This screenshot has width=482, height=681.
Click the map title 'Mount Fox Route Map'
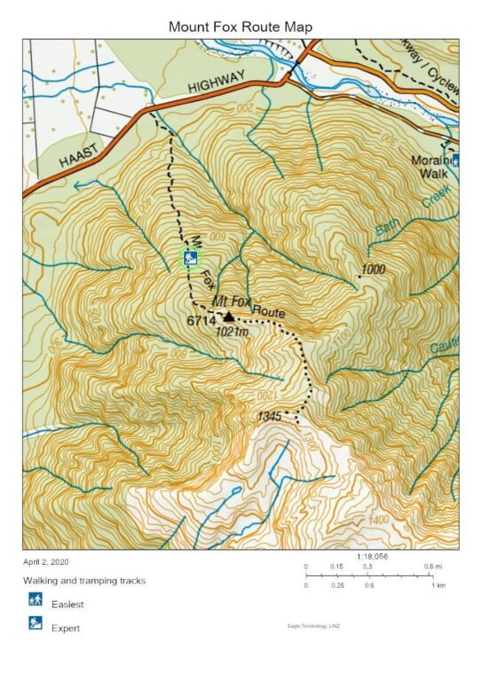(241, 27)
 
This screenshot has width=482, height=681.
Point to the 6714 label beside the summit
(201, 320)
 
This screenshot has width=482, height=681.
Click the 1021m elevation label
(230, 331)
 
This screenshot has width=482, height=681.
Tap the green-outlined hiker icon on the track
(190, 258)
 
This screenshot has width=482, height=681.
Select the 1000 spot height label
(375, 269)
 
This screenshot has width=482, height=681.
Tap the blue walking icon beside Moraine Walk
(455, 160)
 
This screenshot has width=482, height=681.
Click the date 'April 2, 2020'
(45, 562)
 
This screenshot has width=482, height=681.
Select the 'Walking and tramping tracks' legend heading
(84, 581)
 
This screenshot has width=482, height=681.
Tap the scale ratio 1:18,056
(374, 556)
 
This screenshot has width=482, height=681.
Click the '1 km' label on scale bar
(438, 586)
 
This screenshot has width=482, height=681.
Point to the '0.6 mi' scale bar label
(434, 566)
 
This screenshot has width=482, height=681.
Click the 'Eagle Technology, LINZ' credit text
(314, 626)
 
